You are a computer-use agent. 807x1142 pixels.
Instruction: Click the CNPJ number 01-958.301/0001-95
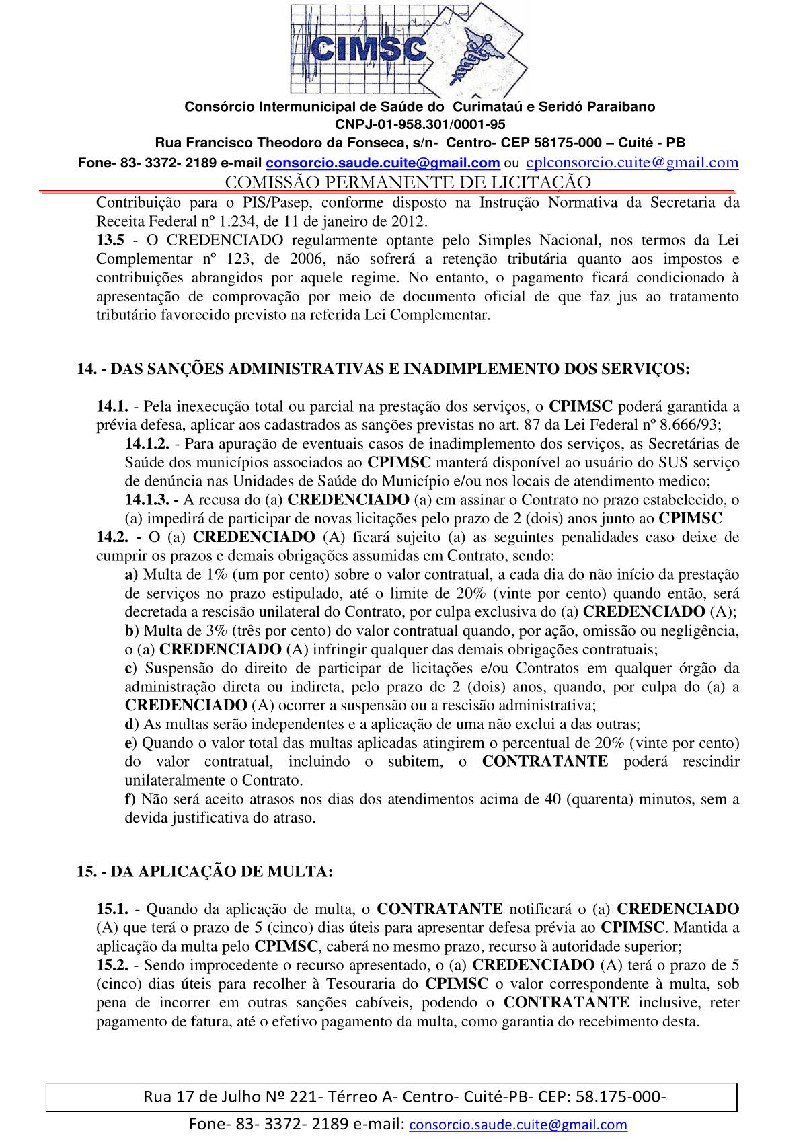[x=420, y=124]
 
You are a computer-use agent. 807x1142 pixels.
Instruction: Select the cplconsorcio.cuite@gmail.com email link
[x=631, y=162]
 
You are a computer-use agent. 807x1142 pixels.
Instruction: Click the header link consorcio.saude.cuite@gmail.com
[x=383, y=163]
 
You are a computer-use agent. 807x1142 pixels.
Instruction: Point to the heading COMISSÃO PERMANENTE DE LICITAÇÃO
[x=408, y=182]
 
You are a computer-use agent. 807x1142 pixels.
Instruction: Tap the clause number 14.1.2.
[x=146, y=444]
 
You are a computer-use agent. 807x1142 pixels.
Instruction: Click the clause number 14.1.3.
[x=146, y=500]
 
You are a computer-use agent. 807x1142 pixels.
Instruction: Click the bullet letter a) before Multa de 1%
[x=131, y=575]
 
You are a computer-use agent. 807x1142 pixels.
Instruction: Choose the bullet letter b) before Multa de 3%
[x=131, y=631]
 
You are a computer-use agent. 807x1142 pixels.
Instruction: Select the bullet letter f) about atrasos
[x=130, y=800]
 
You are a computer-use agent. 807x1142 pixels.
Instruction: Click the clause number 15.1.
[x=112, y=909]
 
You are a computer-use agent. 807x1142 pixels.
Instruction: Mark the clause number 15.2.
[x=112, y=965]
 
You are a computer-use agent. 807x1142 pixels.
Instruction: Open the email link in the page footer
[x=518, y=1125]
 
